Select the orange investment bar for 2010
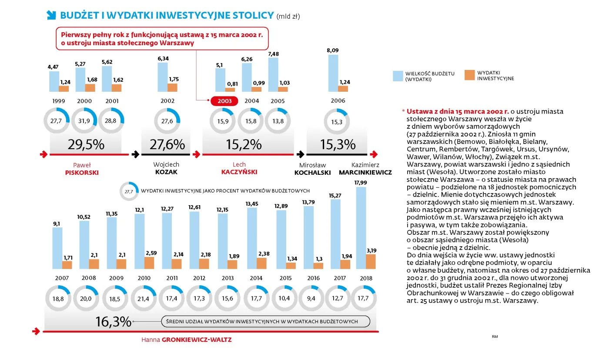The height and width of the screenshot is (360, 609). [x=150, y=263]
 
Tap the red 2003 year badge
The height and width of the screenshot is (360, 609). [x=224, y=101]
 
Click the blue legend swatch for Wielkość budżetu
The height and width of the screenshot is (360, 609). [x=398, y=76]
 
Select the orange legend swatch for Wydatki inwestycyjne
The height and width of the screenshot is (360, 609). [x=469, y=75]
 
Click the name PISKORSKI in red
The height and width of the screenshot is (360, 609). [x=82, y=172]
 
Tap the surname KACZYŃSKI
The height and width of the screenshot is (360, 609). [x=239, y=172]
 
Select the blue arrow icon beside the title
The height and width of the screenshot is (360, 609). [x=51, y=15]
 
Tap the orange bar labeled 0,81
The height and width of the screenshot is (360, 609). [x=230, y=90]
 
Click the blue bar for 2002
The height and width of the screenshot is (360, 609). [x=163, y=77]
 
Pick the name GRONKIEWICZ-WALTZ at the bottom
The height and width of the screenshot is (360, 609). [x=197, y=340]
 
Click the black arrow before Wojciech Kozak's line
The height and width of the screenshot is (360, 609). [x=135, y=154]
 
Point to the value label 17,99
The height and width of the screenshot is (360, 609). [x=361, y=183]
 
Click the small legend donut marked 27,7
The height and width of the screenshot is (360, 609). [x=129, y=191]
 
